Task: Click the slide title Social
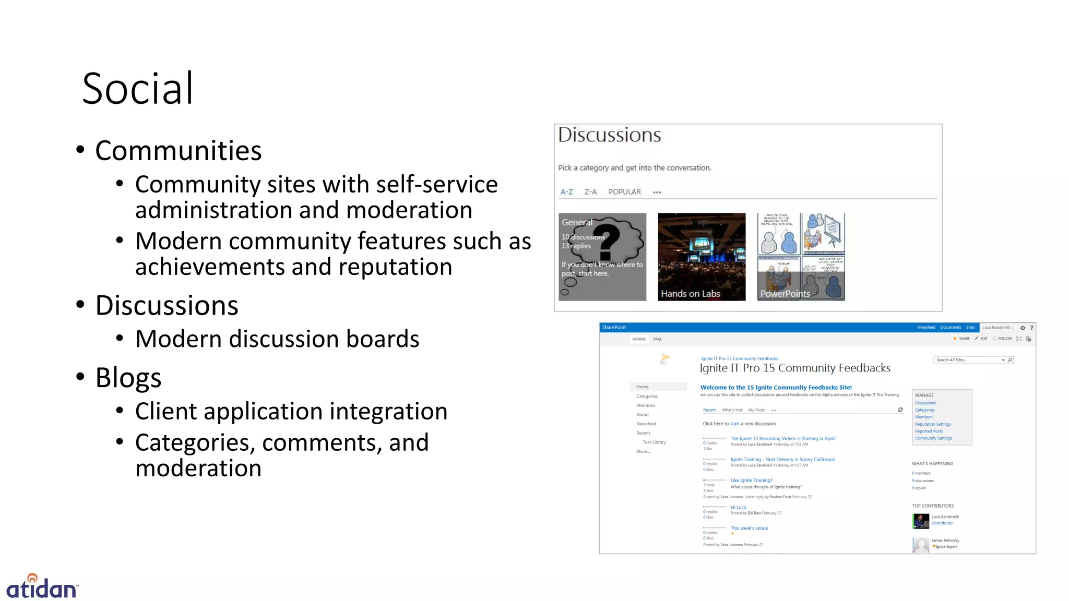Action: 138,89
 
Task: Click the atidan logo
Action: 42,587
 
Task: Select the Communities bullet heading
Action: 178,151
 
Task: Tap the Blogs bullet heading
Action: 128,378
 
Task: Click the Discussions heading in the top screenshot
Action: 609,135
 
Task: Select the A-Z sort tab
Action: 566,192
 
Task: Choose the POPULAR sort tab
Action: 624,192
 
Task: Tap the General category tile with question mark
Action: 602,257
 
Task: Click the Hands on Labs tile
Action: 702,257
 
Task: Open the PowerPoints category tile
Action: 801,257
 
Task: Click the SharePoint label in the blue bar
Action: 614,328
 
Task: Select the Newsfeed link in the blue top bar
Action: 926,328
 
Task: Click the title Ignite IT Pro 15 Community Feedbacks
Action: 794,368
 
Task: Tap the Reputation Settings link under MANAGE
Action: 933,424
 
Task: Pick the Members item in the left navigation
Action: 646,405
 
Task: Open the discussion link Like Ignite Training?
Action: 751,480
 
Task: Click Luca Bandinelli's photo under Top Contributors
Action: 920,521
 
